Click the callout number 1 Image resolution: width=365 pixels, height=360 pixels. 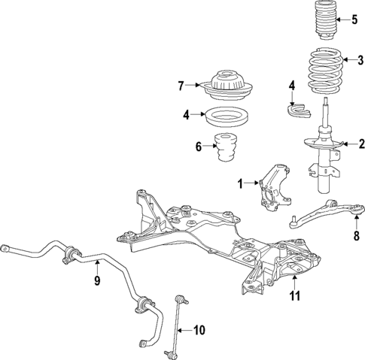240,183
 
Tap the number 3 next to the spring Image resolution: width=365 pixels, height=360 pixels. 360,61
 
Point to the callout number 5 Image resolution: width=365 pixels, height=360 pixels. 354,20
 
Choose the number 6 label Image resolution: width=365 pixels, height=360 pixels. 199,147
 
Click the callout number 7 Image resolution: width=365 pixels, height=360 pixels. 181,86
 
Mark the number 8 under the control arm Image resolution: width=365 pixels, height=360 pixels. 356,234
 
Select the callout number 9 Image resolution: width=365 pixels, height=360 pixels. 97,281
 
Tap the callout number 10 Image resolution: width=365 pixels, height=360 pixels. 199,329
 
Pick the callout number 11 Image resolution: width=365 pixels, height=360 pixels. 295,296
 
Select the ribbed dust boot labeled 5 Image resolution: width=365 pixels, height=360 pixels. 323,26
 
